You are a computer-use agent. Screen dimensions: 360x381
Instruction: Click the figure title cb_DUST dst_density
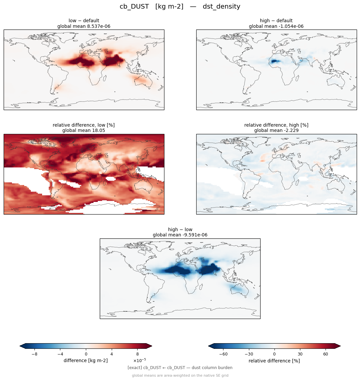[180, 7]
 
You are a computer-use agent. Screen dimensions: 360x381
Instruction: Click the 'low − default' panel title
[84, 21]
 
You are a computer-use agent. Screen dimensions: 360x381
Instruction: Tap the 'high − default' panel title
[276, 21]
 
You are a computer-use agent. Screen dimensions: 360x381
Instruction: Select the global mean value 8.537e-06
[99, 26]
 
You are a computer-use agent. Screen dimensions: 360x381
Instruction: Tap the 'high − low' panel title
[180, 229]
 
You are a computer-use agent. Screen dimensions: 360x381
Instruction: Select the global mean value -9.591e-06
[195, 235]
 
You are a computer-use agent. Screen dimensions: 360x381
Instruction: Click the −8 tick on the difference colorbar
[34, 354]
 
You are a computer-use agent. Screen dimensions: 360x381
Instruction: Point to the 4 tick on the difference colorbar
[112, 354]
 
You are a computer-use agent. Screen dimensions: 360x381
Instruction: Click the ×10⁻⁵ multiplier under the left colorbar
[140, 360]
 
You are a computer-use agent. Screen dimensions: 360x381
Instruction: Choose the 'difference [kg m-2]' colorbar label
[86, 360]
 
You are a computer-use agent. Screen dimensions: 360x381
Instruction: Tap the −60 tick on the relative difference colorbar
[223, 354]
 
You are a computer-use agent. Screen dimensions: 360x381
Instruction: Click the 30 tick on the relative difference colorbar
[300, 354]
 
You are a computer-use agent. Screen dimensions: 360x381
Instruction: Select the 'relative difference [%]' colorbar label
[274, 361]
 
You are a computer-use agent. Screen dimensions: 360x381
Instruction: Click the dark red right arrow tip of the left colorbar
[152, 346]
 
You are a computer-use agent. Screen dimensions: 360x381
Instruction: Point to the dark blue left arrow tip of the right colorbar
[209, 346]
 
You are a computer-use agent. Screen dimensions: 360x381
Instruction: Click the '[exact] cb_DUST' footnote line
[180, 368]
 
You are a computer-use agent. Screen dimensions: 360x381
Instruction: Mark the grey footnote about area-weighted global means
[180, 375]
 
